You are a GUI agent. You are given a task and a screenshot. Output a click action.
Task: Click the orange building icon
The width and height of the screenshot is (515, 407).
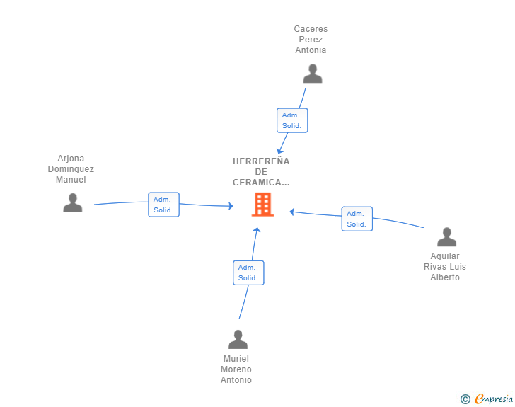point(262,205)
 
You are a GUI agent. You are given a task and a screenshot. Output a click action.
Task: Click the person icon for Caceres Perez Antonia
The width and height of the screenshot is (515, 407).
point(313,74)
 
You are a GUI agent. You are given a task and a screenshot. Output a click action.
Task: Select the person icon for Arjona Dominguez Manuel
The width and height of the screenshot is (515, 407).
point(73,203)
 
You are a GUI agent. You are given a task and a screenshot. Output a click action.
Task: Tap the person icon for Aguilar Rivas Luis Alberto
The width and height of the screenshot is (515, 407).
point(446,237)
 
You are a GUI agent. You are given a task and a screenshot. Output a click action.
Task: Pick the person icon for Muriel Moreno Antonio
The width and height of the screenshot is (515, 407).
point(238,339)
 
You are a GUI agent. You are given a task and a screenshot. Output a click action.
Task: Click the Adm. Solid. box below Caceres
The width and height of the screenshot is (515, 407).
point(292,120)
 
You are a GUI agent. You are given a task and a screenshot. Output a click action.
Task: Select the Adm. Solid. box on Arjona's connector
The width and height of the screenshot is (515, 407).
point(163,205)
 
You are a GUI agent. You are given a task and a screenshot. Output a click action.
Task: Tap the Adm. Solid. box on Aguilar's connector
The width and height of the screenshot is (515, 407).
point(357,219)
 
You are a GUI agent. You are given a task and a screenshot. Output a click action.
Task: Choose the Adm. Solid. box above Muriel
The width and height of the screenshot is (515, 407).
point(248,273)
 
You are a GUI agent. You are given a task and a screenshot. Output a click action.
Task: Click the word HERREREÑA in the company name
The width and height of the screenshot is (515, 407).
point(261,161)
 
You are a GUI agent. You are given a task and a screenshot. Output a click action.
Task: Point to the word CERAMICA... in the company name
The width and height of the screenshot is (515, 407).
point(261,183)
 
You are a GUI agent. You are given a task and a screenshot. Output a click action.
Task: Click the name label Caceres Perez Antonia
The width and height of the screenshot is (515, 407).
point(311,40)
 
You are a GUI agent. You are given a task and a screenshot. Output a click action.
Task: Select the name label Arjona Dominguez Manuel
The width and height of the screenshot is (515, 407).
point(71,169)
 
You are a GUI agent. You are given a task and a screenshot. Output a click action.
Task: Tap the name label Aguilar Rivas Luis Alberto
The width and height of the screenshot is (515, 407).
point(445,267)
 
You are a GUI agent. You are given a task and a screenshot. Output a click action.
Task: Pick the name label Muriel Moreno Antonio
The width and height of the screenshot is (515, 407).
point(236,369)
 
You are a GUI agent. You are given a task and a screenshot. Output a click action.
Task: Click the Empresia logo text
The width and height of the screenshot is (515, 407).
point(494,399)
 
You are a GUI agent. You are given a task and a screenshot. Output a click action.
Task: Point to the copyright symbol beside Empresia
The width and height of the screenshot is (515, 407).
point(465,399)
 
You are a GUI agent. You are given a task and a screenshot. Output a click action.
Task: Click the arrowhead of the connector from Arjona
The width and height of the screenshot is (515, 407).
point(231,206)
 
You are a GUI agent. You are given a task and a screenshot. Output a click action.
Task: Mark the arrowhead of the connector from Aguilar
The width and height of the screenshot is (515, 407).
point(291,212)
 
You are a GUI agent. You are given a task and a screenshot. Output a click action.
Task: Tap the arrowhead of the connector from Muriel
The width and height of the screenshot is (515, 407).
point(257,229)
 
